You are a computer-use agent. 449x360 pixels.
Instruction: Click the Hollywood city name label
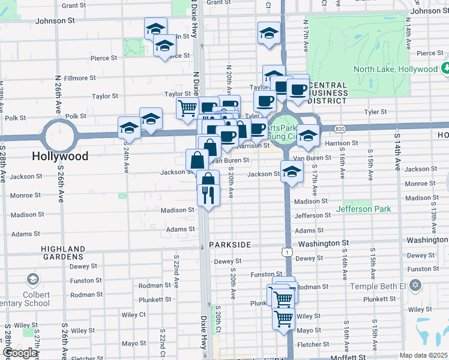[60, 157]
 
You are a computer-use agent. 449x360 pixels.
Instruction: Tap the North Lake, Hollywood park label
[396, 69]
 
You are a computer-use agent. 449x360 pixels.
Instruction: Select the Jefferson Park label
[364, 209]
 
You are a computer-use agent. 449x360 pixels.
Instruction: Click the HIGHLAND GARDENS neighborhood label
[63, 253]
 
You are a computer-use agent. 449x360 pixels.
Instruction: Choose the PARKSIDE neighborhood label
[233, 245]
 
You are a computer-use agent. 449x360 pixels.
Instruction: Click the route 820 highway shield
[340, 128]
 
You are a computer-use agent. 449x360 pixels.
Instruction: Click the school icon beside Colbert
[32, 280]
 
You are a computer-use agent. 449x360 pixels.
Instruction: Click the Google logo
[20, 353]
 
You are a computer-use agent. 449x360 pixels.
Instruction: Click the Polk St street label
[76, 116]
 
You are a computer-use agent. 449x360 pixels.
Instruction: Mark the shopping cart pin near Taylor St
[187, 108]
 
